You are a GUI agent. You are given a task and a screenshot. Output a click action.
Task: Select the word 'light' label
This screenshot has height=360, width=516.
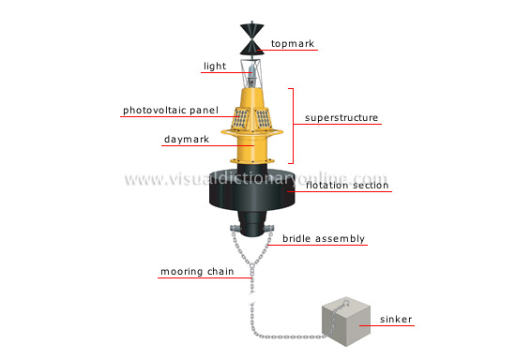215,67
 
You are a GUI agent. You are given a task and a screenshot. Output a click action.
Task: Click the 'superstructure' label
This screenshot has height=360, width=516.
341,118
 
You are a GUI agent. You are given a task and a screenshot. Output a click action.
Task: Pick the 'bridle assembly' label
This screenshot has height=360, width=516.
324,238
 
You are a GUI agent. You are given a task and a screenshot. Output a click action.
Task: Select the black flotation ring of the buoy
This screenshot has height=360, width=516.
249,192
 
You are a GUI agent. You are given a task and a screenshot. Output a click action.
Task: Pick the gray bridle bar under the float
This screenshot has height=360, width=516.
250,231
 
